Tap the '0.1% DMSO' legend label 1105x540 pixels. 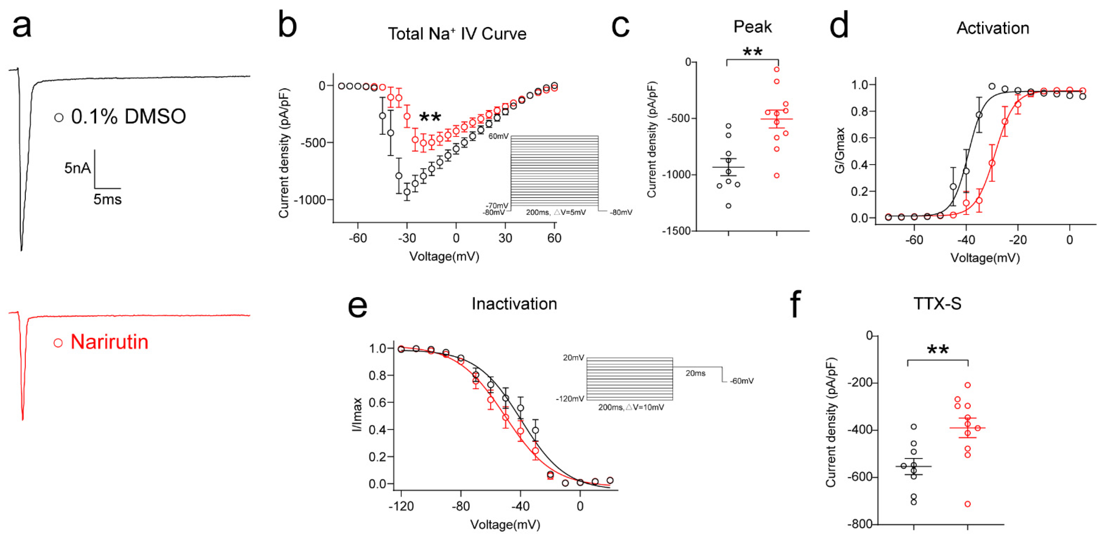tap(128, 117)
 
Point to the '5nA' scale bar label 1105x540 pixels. tap(77, 168)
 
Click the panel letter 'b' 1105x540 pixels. tap(287, 25)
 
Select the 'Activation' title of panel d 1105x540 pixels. tap(993, 28)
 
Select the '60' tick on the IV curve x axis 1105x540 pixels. tap(554, 238)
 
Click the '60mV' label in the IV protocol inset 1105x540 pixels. tap(498, 136)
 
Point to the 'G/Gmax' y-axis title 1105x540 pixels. tap(839, 150)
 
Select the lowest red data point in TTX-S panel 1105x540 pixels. tap(968, 504)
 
